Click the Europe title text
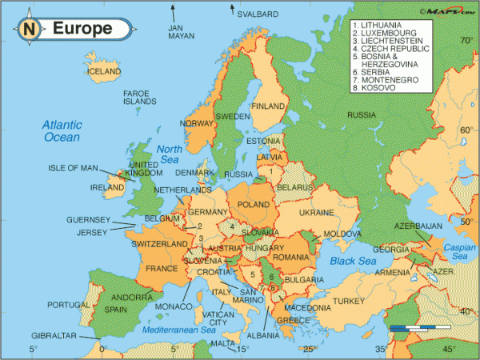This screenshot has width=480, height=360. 82,30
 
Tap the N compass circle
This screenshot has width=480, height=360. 30,30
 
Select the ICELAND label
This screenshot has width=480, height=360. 103,71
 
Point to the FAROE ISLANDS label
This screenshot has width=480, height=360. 140,98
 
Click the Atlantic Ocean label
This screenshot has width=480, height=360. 62,131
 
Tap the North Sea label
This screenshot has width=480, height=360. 170,154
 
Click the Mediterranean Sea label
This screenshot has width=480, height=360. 180,330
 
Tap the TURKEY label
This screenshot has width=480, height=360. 348,301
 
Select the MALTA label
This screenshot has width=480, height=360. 222,343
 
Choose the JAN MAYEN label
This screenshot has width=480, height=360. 181,31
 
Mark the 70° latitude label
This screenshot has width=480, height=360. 462,39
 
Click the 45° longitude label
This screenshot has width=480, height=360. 449,350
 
